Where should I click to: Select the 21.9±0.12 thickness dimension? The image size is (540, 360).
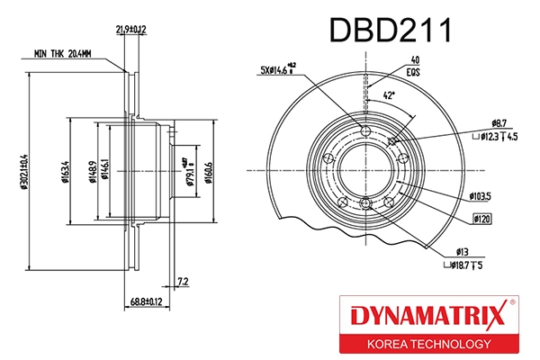click(x=131, y=31)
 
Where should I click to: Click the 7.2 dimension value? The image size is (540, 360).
click(x=183, y=281)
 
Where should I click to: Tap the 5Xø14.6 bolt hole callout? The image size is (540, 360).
click(x=274, y=69)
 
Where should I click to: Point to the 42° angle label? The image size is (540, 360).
click(x=388, y=94)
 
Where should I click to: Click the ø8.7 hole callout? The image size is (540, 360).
click(x=501, y=121)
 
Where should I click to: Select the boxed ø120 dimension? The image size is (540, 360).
click(x=482, y=218)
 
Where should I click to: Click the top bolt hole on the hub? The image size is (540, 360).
click(x=364, y=134)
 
